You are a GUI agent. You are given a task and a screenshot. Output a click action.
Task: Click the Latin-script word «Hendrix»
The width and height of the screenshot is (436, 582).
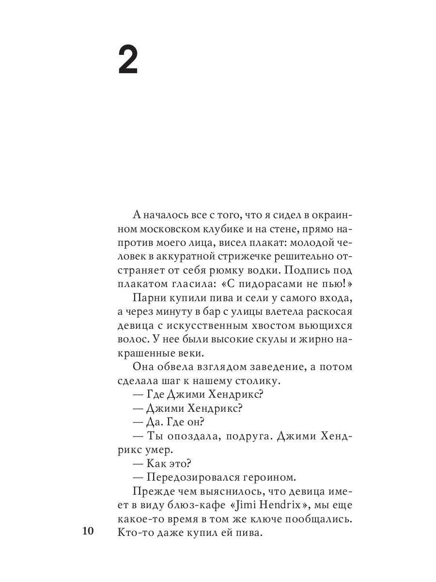(x=274, y=505)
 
